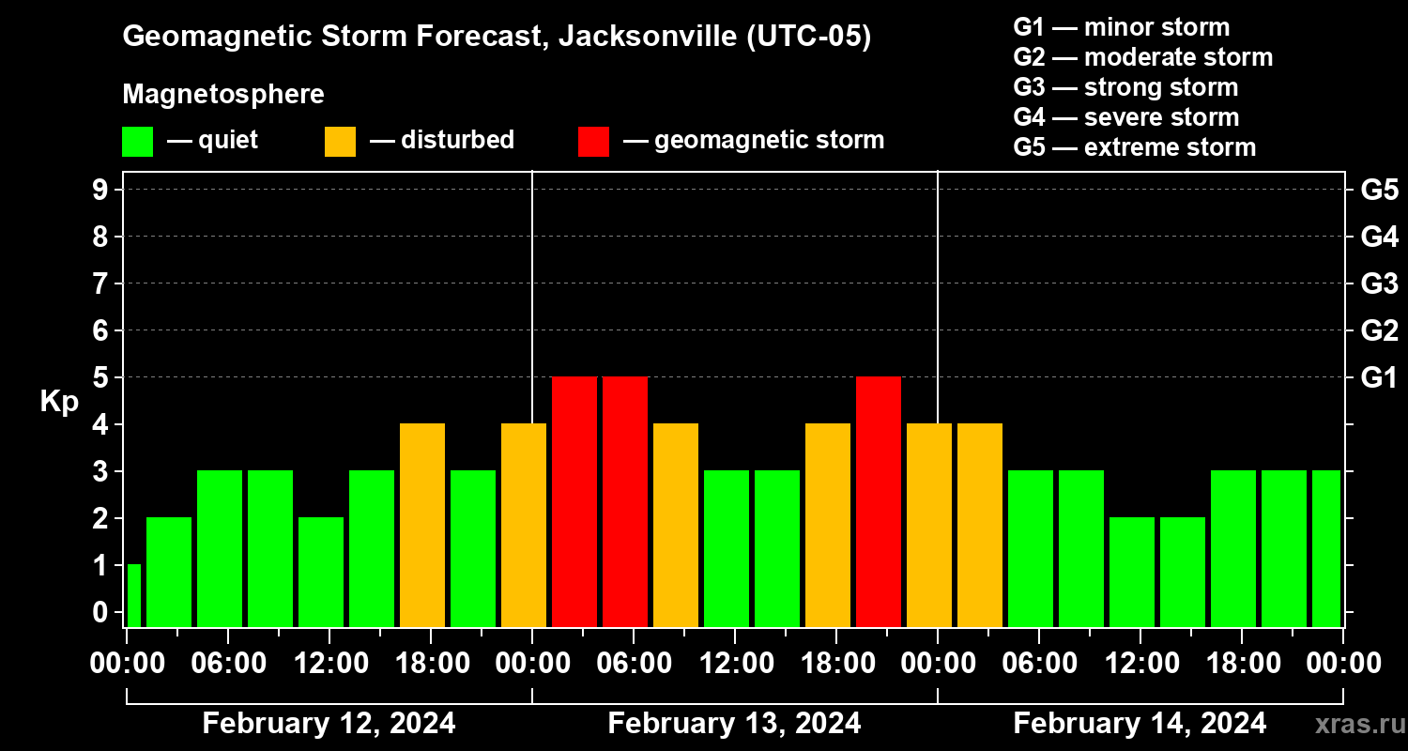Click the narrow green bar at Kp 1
pyautogui.click(x=133, y=595)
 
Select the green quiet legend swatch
pyautogui.click(x=137, y=142)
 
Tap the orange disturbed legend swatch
pyautogui.click(x=340, y=142)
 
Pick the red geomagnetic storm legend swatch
pyautogui.click(x=593, y=142)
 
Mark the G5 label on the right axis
pyautogui.click(x=1379, y=191)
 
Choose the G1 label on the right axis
pyautogui.click(x=1379, y=378)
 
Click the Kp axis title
pyautogui.click(x=59, y=402)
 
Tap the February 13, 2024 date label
pyautogui.click(x=734, y=724)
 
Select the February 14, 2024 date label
pyautogui.click(x=1140, y=724)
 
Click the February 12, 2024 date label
pyautogui.click(x=329, y=724)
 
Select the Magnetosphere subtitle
pyautogui.click(x=223, y=95)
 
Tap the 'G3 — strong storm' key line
pyautogui.click(x=1125, y=87)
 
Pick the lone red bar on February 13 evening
pyautogui.click(x=879, y=502)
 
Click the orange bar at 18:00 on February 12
pyautogui.click(x=422, y=526)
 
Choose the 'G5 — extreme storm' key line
pyautogui.click(x=1134, y=147)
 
